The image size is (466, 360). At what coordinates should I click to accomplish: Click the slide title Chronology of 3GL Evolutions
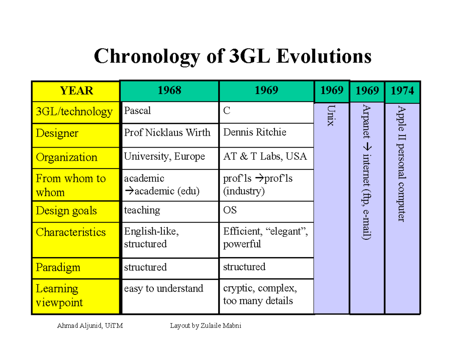[233, 56]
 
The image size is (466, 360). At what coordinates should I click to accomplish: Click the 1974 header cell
[402, 91]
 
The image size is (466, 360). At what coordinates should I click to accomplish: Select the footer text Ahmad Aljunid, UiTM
[90, 326]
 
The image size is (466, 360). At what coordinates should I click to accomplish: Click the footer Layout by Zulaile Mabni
[205, 326]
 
